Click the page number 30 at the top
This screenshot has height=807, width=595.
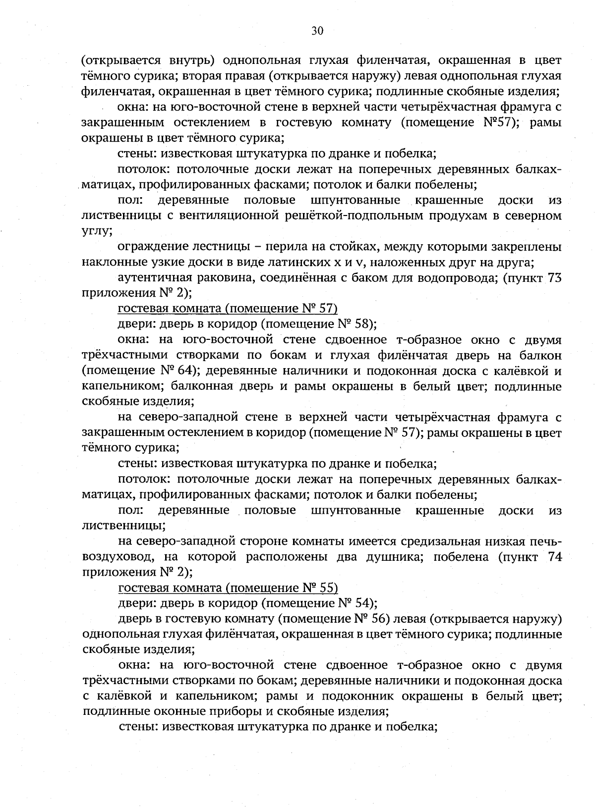coord(317,31)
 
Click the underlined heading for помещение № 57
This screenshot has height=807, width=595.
coord(228,309)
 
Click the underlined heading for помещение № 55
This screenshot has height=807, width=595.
coord(228,588)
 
